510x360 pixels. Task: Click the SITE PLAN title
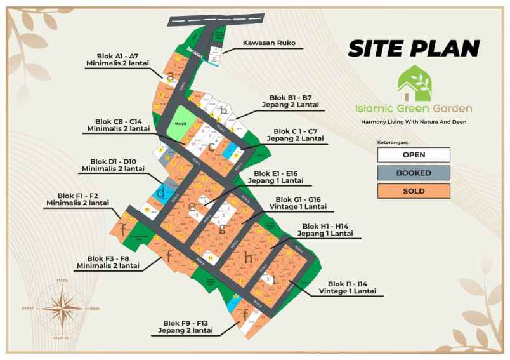pos(414,48)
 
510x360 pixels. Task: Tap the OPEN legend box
pos(413,154)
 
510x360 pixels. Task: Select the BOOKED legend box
pos(413,173)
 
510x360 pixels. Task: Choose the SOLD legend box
pos(413,190)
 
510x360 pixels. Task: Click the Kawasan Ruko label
pos(269,44)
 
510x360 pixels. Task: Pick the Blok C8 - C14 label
pos(119,124)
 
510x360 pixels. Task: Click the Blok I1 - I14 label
pos(352,287)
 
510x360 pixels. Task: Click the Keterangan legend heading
pos(393,143)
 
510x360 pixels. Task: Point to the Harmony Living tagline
pos(416,121)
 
